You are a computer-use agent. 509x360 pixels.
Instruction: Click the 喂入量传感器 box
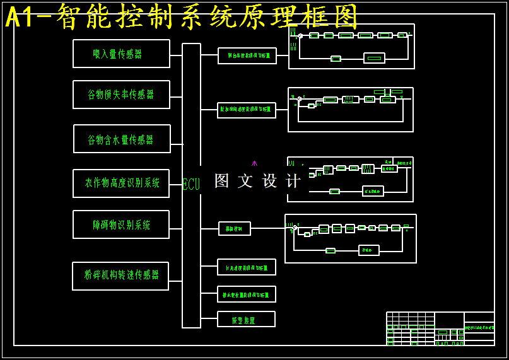121,54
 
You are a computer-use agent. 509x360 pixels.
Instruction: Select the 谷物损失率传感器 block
121,95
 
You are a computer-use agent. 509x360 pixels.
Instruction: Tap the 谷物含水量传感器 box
122,139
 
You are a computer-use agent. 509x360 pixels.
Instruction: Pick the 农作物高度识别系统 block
121,183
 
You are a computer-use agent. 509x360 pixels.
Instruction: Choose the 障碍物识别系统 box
121,224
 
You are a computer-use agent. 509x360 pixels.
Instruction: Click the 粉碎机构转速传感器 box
120,276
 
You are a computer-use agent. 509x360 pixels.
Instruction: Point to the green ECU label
190,184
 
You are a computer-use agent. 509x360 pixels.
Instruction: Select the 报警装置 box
246,319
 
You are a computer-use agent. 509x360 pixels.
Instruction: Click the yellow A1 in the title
21,17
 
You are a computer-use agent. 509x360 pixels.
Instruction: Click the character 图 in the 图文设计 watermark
221,181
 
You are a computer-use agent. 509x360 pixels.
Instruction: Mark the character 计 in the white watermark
293,181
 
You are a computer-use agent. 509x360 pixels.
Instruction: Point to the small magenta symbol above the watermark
254,163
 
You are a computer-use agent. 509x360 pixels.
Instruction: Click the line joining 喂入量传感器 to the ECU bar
176,55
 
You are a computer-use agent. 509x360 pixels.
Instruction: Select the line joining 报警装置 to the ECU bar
209,318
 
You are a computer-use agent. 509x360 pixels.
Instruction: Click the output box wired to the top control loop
247,55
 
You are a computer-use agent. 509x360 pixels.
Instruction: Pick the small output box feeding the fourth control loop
235,228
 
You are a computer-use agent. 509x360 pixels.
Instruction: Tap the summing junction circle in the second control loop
299,99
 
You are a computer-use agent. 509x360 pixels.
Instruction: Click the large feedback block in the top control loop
374,58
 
